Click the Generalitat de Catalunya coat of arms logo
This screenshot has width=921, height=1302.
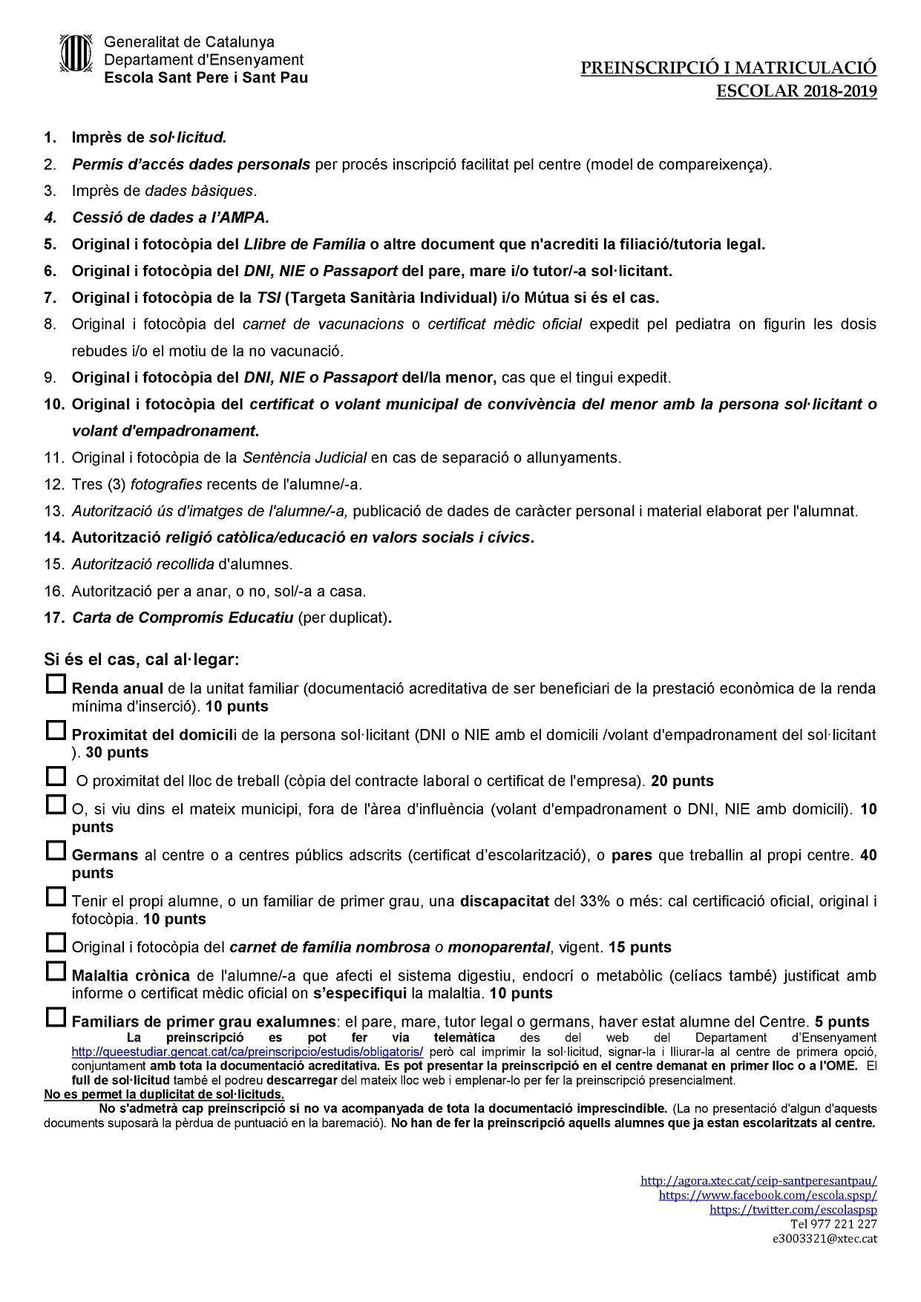coord(75,53)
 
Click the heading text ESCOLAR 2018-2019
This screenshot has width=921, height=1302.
coord(796,91)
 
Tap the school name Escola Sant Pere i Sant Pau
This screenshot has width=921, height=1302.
coord(206,78)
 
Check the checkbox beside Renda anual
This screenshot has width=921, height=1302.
coord(56,684)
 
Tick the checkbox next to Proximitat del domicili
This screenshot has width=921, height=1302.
coord(56,731)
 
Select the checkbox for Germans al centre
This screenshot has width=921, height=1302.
coord(56,851)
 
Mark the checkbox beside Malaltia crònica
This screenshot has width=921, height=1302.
coord(56,971)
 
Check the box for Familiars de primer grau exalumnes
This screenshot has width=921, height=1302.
coord(56,1017)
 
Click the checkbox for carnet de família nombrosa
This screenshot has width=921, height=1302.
coord(56,943)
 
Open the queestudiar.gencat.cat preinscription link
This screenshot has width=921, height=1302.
coord(247,1052)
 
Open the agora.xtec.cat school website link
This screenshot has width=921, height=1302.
coord(758,1180)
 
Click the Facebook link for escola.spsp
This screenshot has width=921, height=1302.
coord(767,1195)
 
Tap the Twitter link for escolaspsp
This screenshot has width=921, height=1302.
coord(793,1210)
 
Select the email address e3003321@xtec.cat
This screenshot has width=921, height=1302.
coord(825,1239)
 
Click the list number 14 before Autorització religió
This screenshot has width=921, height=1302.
coord(53,537)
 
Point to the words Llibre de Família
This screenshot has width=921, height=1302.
coord(304,244)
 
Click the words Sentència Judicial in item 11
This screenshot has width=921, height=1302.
coord(304,458)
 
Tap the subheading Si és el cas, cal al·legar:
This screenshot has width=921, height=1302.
coord(141,659)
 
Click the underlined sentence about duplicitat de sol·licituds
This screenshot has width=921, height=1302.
coord(164,1094)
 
